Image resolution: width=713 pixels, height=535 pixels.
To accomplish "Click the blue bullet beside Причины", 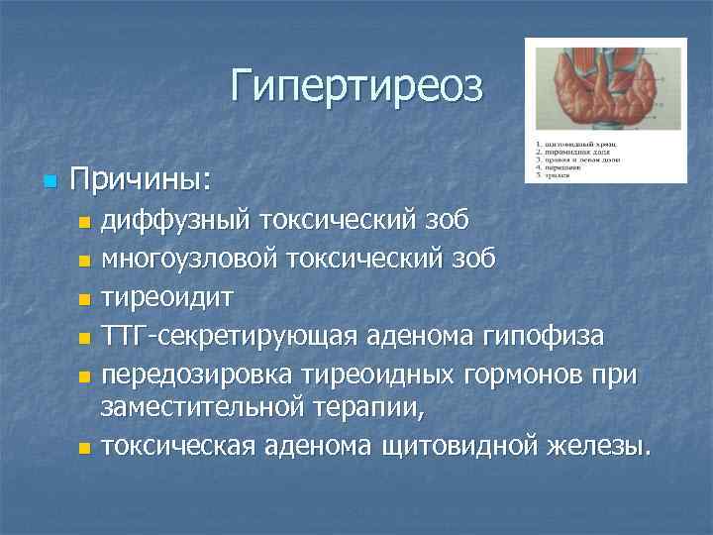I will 50,181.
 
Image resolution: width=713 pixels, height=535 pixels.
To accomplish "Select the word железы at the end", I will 600,447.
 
